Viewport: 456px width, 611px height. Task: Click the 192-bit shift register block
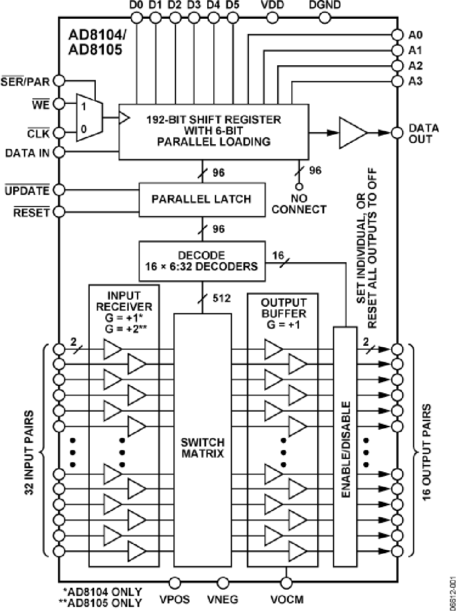click(x=213, y=131)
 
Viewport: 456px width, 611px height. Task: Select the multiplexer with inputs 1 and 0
click(x=89, y=117)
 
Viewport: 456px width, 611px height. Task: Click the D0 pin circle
click(x=136, y=18)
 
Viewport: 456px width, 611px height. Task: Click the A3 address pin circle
click(x=397, y=81)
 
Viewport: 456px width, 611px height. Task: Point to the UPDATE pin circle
click(x=59, y=190)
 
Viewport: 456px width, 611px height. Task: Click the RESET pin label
click(x=31, y=212)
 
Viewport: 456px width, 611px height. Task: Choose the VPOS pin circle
click(x=175, y=582)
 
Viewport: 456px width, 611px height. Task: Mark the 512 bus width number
click(x=221, y=298)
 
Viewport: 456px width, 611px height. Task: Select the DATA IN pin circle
click(x=59, y=152)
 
